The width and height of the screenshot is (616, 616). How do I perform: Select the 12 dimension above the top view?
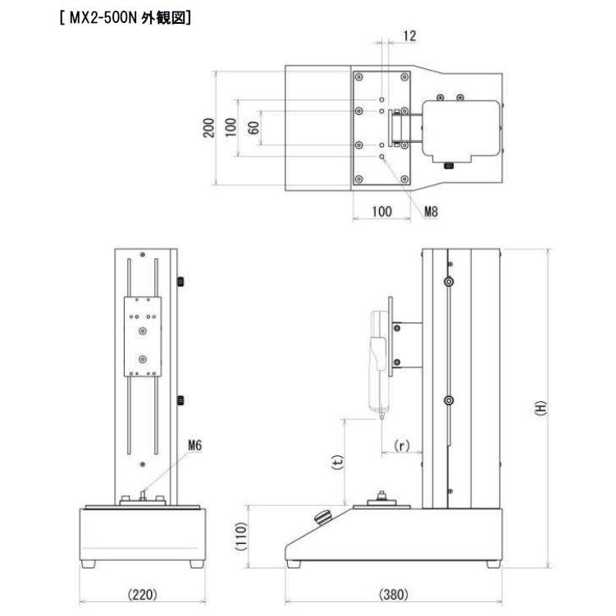click(x=410, y=36)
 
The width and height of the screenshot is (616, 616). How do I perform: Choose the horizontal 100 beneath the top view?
click(x=381, y=212)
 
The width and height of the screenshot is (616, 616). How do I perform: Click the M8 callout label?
click(x=431, y=212)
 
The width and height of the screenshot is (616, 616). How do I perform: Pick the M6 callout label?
click(x=194, y=446)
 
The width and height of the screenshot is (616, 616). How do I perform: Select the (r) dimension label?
click(x=402, y=446)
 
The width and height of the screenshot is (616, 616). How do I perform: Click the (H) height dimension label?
click(x=540, y=408)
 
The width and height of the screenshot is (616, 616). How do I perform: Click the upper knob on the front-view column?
click(x=179, y=283)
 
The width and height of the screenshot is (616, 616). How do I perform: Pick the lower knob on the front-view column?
click(x=179, y=402)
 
